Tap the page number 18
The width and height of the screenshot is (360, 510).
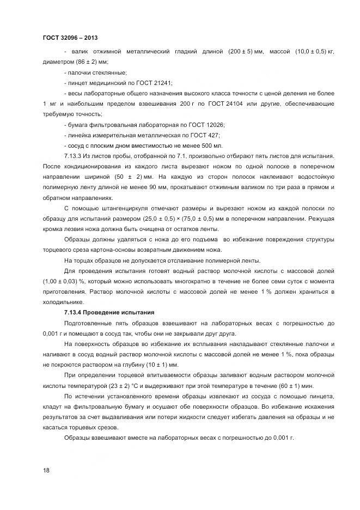coord(46,470)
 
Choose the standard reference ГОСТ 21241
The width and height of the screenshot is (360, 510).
coord(154,83)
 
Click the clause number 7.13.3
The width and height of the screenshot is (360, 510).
coord(75,156)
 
